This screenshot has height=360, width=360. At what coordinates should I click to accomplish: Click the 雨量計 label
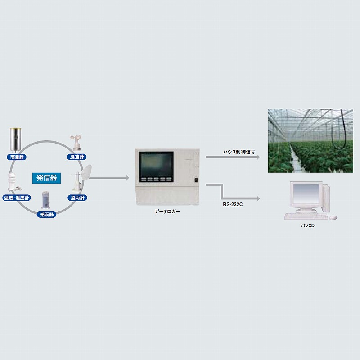click(x=17, y=157)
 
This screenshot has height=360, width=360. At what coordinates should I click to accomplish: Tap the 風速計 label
click(x=77, y=157)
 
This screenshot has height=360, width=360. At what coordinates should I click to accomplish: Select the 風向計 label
click(x=77, y=198)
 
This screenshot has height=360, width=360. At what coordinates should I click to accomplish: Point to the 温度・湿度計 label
click(x=17, y=198)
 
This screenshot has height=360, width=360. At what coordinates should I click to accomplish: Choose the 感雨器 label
click(x=47, y=215)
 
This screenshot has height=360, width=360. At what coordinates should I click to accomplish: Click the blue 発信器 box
click(x=47, y=178)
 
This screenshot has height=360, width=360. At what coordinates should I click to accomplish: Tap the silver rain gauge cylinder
click(x=15, y=140)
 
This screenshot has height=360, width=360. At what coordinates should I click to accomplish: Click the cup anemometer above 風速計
click(x=76, y=143)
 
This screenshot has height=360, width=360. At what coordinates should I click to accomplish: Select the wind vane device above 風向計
click(x=81, y=178)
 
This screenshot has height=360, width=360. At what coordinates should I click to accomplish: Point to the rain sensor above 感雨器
click(x=45, y=199)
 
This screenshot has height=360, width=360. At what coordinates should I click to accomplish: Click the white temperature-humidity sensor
click(x=13, y=182)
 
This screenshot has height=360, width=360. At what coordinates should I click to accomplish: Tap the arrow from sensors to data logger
click(x=109, y=178)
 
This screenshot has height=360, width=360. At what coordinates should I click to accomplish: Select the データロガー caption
click(x=167, y=211)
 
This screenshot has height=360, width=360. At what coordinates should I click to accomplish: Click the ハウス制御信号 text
click(x=239, y=152)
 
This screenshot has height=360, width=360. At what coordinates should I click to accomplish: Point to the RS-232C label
click(x=233, y=204)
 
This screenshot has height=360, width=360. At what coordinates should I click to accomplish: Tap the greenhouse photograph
click(x=310, y=141)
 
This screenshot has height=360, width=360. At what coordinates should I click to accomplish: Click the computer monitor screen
click(x=306, y=194)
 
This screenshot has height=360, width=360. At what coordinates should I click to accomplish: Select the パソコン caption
click(x=308, y=226)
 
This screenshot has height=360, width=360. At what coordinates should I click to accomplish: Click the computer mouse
click(x=333, y=217)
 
